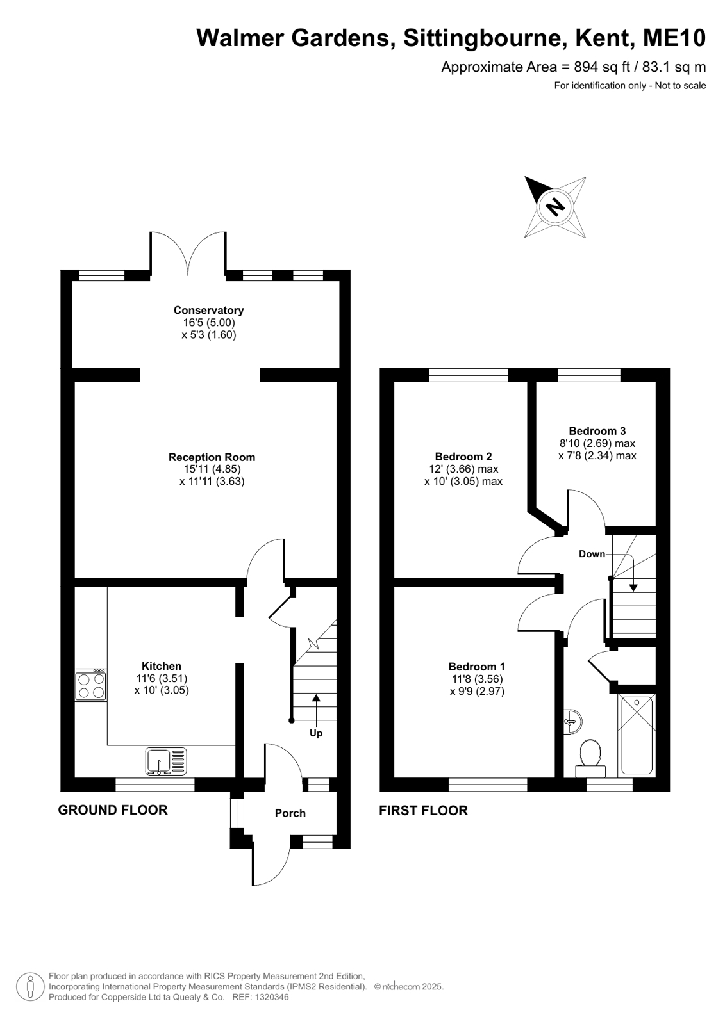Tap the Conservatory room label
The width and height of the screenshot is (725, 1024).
click(x=208, y=310)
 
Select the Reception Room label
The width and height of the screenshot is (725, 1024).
click(x=212, y=457)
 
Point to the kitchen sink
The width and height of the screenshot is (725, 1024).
click(x=166, y=761)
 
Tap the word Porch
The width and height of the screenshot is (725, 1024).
click(x=290, y=813)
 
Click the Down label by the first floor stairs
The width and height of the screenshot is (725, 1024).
click(x=592, y=554)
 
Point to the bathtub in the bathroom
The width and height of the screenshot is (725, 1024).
click(x=636, y=735)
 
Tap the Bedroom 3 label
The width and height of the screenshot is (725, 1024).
click(x=597, y=430)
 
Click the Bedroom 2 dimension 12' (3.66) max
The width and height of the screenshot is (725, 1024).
click(x=463, y=469)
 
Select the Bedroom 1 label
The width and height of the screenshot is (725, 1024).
click(x=476, y=667)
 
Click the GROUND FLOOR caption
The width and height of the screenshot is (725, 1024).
click(x=113, y=810)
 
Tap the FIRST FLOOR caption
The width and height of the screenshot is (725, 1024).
click(x=423, y=811)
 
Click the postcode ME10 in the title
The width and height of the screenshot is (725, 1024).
click(x=674, y=38)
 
